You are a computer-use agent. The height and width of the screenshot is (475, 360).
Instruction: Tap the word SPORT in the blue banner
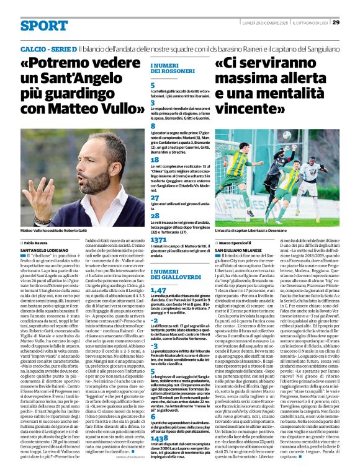pyautogui.click(x=43, y=25)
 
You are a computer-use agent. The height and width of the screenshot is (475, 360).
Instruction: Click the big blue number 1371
pyautogui.click(x=160, y=239)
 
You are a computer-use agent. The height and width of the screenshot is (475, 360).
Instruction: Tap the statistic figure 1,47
pyautogui.click(x=159, y=290)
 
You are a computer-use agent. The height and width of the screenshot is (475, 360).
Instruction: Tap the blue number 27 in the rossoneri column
pyautogui.click(x=155, y=197)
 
